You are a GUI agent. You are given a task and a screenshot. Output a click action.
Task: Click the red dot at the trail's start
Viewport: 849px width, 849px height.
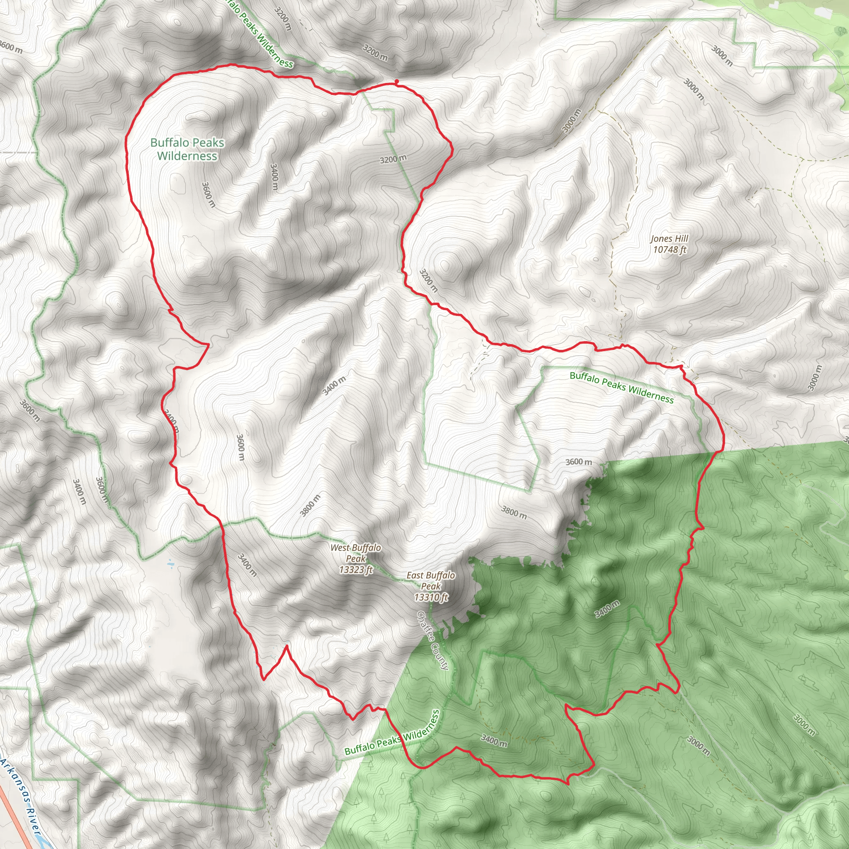397,81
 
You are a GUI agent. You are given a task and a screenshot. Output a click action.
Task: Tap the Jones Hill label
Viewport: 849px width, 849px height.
669,239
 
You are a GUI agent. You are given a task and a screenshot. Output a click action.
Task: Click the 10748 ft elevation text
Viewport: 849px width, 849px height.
669,250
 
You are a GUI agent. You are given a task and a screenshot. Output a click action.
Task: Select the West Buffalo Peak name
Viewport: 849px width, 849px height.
356,553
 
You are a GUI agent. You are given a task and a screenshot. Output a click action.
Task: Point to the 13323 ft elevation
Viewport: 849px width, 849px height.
356,570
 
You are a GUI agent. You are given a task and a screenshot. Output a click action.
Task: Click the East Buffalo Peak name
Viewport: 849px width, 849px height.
431,580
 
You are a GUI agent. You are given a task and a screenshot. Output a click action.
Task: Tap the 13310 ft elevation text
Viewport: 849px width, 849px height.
431,597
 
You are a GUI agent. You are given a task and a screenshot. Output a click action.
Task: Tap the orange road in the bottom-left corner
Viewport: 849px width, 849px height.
13,817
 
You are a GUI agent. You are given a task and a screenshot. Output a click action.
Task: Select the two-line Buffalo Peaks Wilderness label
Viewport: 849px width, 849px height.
187,149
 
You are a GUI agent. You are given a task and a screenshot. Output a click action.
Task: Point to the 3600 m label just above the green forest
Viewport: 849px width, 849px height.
578,462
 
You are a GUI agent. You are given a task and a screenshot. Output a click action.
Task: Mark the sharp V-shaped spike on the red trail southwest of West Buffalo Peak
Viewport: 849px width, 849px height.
286,646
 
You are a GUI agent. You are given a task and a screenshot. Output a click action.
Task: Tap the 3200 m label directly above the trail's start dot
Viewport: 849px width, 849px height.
375,52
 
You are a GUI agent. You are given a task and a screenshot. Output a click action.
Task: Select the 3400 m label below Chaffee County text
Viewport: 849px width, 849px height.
494,740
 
